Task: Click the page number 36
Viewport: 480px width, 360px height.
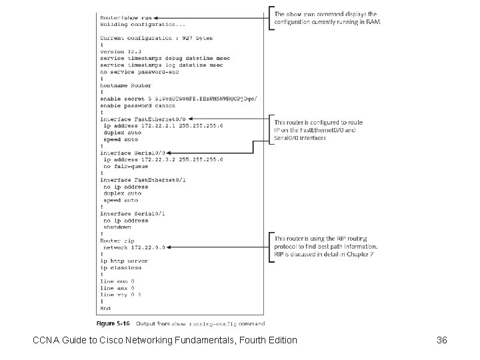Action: (441, 341)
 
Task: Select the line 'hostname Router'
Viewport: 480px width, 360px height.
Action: (126, 85)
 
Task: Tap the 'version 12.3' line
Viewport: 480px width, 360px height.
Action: (121, 51)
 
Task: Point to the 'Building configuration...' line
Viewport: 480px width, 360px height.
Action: (134, 24)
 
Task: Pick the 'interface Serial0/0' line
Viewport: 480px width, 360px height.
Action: (133, 153)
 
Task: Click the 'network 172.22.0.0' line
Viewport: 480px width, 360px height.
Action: (134, 247)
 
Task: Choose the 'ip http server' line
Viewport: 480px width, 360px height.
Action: (124, 261)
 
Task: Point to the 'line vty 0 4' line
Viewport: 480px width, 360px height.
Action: (121, 294)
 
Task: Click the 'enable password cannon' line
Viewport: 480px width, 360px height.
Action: (137, 105)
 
